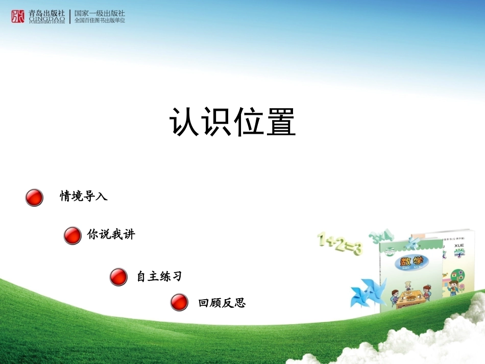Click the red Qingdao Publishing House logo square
tap(18, 16)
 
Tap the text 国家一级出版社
tap(100, 13)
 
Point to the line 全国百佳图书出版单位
tap(100, 20)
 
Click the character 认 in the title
tap(185, 122)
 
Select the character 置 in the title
tap(280, 122)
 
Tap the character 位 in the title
tap(249, 122)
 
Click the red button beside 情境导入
tap(34, 197)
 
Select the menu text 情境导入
tap(84, 196)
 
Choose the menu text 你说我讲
tap(111, 235)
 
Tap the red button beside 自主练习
tap(118, 277)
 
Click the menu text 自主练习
tap(159, 277)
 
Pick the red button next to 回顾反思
tap(179, 302)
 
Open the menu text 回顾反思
tap(222, 303)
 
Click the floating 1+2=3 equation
tap(339, 244)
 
